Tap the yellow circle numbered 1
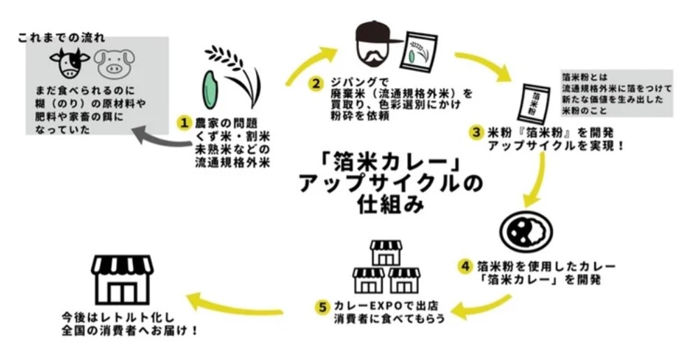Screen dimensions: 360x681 184,123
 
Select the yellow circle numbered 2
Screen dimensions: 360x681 317,83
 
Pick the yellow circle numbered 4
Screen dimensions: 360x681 465,266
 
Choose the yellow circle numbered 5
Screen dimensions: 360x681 322,306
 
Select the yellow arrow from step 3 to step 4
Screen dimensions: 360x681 542,179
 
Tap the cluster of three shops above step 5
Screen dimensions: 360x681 386,269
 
